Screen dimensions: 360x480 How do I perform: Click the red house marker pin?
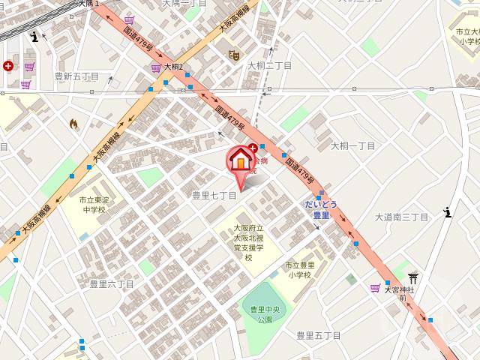[241, 160]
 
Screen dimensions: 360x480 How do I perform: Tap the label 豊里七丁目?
[214, 195]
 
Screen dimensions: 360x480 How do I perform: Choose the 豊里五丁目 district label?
[318, 335]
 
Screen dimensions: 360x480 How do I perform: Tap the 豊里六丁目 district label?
[112, 283]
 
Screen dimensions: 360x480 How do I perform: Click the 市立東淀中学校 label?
[95, 205]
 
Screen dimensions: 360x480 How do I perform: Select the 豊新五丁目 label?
[77, 76]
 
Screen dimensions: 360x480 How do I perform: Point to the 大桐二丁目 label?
[270, 65]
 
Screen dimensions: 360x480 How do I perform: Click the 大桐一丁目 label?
[352, 145]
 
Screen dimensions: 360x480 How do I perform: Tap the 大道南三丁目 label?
[402, 217]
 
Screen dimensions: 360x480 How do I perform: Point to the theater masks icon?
[234, 55]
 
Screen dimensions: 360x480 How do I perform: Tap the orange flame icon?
[73, 123]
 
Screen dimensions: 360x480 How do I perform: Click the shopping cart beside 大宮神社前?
[374, 288]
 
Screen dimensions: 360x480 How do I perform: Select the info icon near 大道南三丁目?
[448, 212]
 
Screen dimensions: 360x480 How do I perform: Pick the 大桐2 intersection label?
[172, 67]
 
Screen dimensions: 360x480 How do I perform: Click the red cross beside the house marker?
[253, 148]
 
